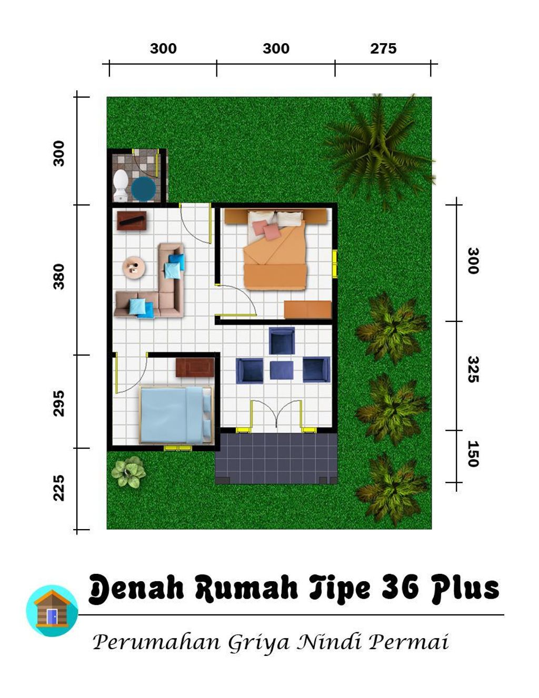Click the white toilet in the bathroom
coord(121,185)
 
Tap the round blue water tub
coord(143,188)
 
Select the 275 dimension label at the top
coord(383,48)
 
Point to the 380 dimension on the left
coord(59,277)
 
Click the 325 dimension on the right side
coord(473,369)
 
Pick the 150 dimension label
coord(473,454)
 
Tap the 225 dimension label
coord(59,488)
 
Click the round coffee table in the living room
coord(134,267)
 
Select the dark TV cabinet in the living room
coord(131,220)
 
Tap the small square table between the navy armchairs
coord(282,370)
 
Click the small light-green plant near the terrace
coord(128,472)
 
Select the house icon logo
coord(52,610)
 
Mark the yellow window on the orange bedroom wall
coord(335,264)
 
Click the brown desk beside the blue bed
coord(195,367)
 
